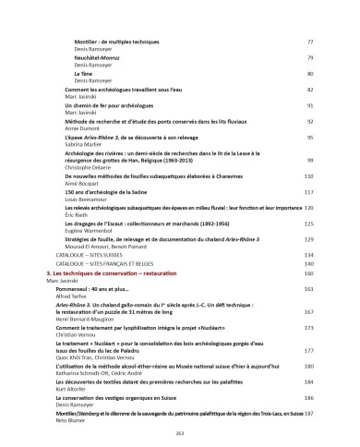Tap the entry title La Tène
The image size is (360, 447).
point(83,73)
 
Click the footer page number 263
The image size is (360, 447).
point(180,432)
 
